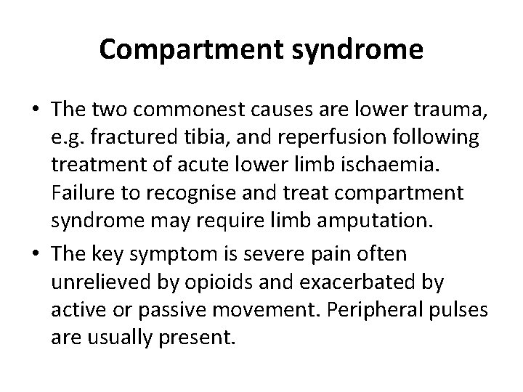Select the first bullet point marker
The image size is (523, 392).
pos(36,110)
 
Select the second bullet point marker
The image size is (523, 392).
pos(36,253)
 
